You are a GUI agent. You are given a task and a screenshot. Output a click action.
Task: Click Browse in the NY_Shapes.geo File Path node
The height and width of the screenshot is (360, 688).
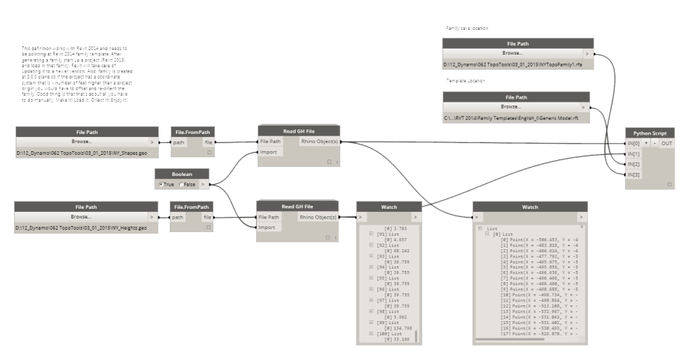click(x=82, y=141)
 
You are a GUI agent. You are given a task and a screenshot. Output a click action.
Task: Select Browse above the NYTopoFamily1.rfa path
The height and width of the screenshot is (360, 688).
click(x=512, y=54)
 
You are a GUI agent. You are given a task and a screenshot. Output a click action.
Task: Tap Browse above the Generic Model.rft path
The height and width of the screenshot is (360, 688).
click(x=512, y=107)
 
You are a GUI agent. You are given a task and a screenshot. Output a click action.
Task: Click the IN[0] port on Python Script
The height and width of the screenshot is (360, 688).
click(x=634, y=143)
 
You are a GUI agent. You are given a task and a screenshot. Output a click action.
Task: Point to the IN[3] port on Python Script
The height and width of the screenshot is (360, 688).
click(x=634, y=174)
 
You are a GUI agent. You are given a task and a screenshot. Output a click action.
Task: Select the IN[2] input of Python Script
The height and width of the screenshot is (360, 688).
click(x=634, y=164)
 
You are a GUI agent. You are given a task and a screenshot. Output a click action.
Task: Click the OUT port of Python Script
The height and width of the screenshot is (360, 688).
click(x=666, y=143)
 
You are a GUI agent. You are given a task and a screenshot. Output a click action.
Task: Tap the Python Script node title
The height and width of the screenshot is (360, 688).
click(x=650, y=132)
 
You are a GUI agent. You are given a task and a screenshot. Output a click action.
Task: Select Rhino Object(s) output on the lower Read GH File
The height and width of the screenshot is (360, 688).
click(x=318, y=217)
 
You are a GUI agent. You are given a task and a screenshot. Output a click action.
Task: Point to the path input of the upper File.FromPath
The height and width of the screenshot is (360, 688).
click(x=178, y=141)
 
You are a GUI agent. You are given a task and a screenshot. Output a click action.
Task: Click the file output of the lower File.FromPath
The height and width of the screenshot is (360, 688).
click(x=208, y=217)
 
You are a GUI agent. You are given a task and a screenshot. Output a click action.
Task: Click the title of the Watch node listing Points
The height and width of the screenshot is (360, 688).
click(x=529, y=206)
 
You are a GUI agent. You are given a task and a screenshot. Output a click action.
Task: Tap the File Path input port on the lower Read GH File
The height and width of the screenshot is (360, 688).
click(x=270, y=217)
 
